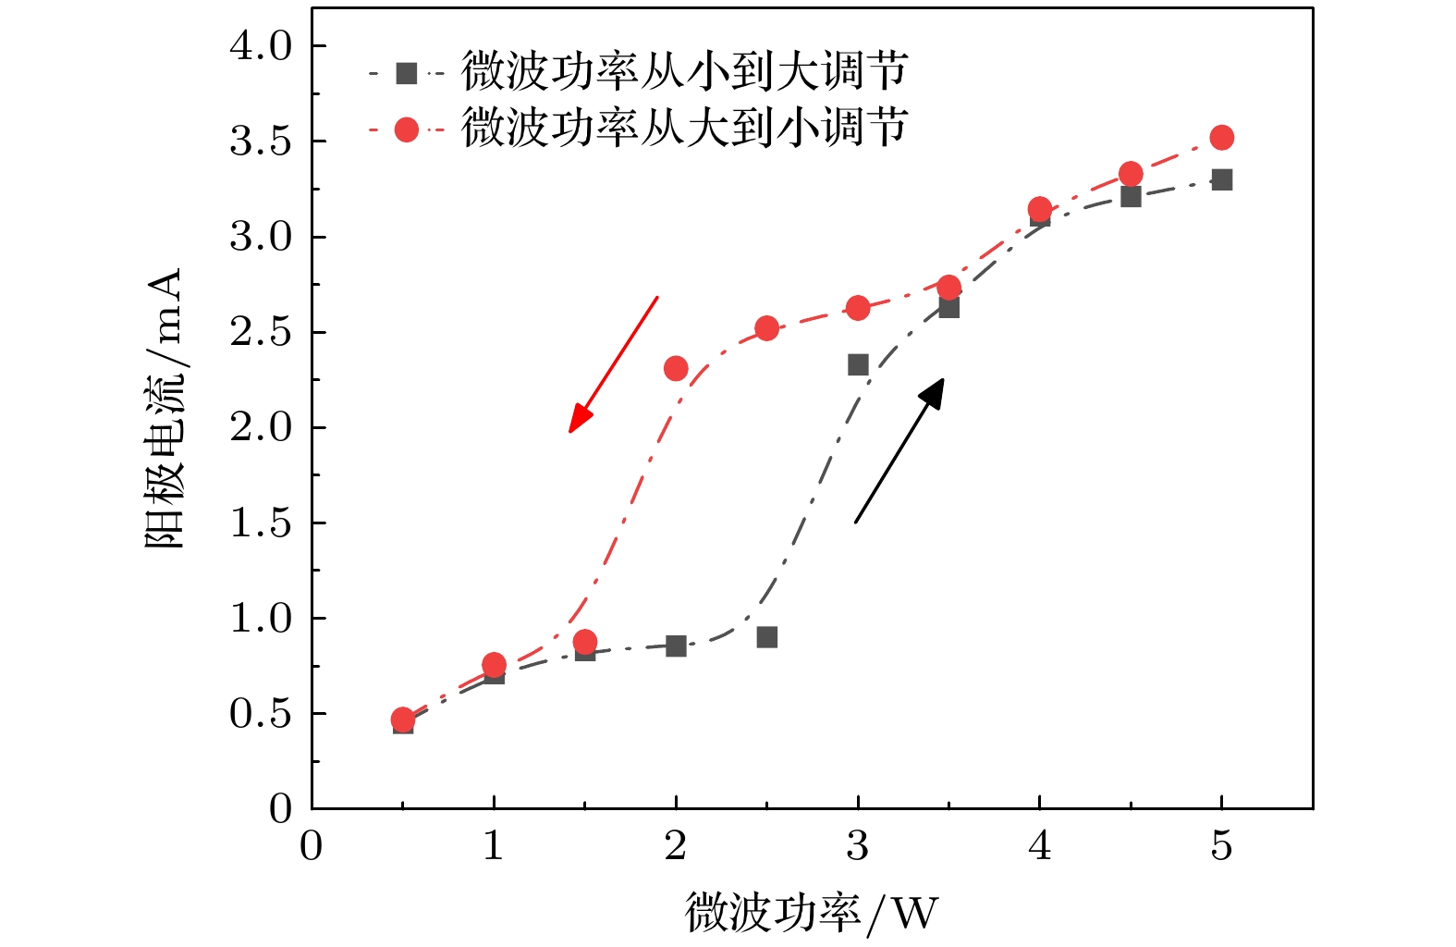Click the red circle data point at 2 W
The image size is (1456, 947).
[676, 369]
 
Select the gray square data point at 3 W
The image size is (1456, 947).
[858, 364]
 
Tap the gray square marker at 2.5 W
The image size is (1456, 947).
[766, 637]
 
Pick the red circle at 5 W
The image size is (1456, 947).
[1221, 138]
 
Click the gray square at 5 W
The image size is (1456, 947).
[1221, 179]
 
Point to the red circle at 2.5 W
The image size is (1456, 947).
[766, 328]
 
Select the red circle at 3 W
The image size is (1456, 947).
[858, 308]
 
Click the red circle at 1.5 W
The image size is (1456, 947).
[584, 642]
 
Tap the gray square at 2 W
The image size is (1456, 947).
[676, 646]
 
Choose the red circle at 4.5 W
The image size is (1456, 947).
[1131, 174]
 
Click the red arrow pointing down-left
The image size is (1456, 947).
[612, 364]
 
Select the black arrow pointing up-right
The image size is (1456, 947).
[899, 451]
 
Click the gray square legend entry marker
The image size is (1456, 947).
[407, 73]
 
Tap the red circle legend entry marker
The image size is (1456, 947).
[407, 129]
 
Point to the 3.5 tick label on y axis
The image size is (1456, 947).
[260, 141]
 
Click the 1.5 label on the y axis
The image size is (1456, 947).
[260, 523]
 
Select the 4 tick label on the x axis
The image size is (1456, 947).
[1039, 845]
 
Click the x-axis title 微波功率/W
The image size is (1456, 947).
[811, 912]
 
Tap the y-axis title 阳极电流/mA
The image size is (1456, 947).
[165, 409]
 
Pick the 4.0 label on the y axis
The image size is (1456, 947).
[260, 45]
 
